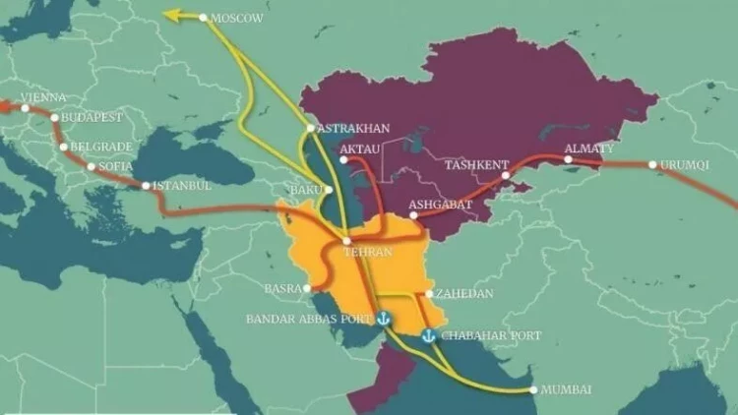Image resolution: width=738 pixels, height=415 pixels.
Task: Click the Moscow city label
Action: [238, 18]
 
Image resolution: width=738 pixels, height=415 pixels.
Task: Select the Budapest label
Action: [92, 117]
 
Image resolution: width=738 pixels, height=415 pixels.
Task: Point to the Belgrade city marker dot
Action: [64, 148]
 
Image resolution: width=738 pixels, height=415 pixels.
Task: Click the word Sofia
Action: [116, 166]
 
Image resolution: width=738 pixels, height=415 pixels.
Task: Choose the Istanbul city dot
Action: [147, 186]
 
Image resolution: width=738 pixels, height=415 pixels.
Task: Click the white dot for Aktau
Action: [342, 159]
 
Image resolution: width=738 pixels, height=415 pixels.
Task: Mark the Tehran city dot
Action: [346, 241]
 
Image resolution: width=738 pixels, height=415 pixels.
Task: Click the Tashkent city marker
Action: [506, 176]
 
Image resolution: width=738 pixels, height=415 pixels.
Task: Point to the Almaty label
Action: [588, 148]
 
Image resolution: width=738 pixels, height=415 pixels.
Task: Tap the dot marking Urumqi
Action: [652, 164]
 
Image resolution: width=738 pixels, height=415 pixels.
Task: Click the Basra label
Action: [282, 288]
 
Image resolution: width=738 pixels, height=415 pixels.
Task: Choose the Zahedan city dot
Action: [429, 293]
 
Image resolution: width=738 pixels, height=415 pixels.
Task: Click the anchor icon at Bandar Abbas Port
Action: [384, 320]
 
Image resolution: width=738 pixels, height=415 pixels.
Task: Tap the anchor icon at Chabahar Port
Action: [427, 336]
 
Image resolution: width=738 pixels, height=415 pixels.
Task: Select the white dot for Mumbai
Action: [533, 389]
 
